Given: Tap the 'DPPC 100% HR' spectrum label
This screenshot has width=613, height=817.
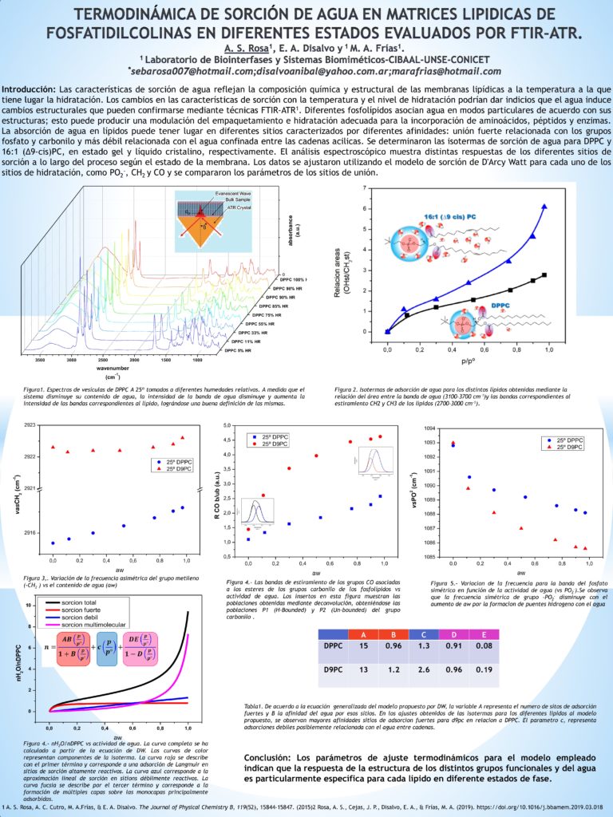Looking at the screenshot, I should (x=289, y=278).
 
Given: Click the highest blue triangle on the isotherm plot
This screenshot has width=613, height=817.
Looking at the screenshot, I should (x=544, y=206).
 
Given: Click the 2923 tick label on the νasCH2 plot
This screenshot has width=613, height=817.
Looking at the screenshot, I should (x=30, y=426).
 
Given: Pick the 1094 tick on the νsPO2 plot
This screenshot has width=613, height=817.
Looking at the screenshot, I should (x=425, y=428).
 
